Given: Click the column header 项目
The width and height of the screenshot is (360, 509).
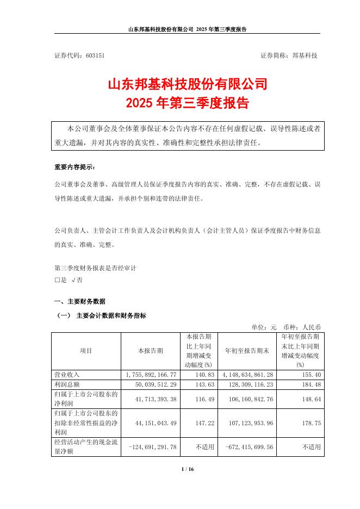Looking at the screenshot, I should (x=86, y=351).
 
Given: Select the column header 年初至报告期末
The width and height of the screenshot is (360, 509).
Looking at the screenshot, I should (x=247, y=351).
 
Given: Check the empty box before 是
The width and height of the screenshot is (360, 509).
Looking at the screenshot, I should (x=57, y=280).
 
